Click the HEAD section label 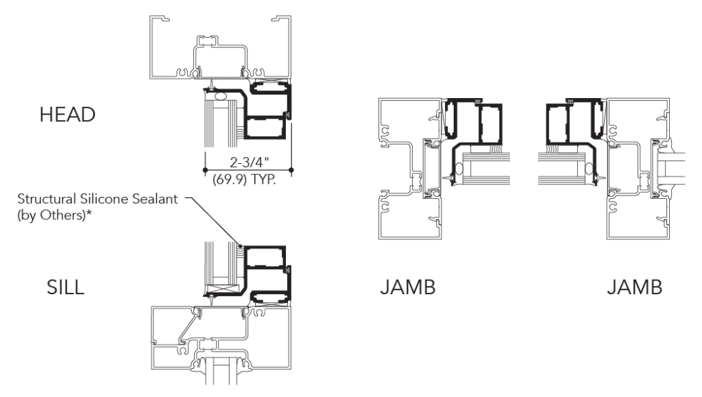(x=68, y=115)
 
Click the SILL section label (x=65, y=287)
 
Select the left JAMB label (x=408, y=287)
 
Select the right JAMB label (x=634, y=287)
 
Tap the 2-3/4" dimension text (x=250, y=162)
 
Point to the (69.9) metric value (x=230, y=180)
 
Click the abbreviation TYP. (x=263, y=180)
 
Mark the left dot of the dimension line (x=205, y=170)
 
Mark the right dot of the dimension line (x=291, y=170)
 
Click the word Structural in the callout (x=47, y=199)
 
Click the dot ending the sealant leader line (x=240, y=245)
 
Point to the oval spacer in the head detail (x=220, y=96)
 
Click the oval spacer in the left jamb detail (x=459, y=169)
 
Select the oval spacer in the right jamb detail (x=589, y=169)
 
